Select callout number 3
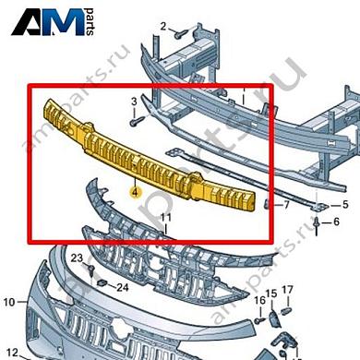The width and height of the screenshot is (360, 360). pyautogui.click(x=133, y=100)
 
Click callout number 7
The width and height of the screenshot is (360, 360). pyautogui.click(x=286, y=204)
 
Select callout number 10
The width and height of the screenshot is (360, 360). pyautogui.click(x=8, y=301)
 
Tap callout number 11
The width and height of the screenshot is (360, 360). pyautogui.click(x=166, y=218)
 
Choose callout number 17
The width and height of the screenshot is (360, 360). pyautogui.click(x=287, y=292)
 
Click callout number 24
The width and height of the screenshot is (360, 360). pyautogui.click(x=122, y=286)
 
